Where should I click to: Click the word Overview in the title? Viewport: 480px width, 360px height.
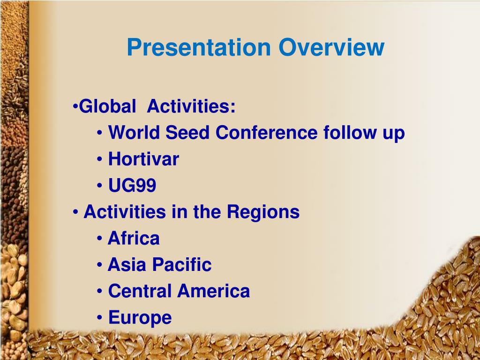(x=331, y=47)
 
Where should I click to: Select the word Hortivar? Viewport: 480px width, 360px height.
(x=143, y=159)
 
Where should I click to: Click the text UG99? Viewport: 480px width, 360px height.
(x=132, y=186)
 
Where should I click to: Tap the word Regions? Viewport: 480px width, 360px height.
(x=263, y=212)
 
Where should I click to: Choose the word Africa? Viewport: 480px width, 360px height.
(x=134, y=239)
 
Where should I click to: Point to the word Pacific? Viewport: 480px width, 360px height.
(x=181, y=265)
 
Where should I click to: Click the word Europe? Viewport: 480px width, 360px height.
(x=140, y=318)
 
